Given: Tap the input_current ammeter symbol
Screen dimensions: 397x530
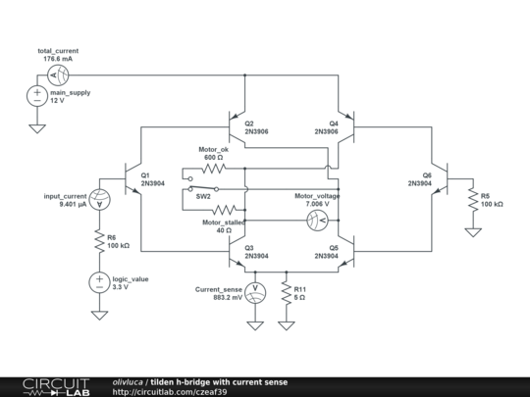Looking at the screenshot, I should pos(99,199).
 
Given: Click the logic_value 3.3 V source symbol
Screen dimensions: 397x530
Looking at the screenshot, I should pos(99,282).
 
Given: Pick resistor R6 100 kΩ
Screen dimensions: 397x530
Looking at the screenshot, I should pos(99,241).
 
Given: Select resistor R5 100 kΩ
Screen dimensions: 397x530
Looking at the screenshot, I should pos(472,199).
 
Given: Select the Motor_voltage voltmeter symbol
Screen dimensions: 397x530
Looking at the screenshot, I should pos(317,219).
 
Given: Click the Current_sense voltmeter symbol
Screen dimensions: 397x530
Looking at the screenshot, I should pos(253,292).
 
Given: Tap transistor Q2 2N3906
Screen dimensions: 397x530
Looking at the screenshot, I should pos(236,125).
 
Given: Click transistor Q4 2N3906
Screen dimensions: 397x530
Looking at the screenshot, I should pos(344,125).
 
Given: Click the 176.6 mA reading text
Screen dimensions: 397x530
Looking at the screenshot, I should pos(58,59).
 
